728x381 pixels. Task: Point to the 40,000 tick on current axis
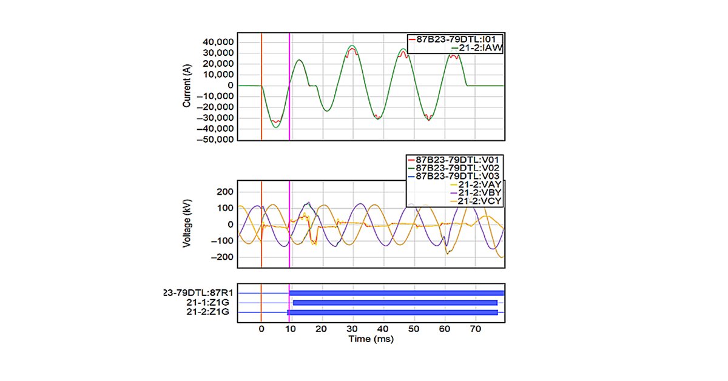point(218,42)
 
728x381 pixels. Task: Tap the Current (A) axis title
point(187,86)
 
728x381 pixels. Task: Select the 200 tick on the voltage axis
point(225,192)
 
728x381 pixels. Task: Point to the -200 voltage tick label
point(222,257)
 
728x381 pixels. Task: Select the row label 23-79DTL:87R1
point(199,293)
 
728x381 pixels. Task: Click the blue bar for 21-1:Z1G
point(394,303)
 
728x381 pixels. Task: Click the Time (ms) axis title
point(371,339)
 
